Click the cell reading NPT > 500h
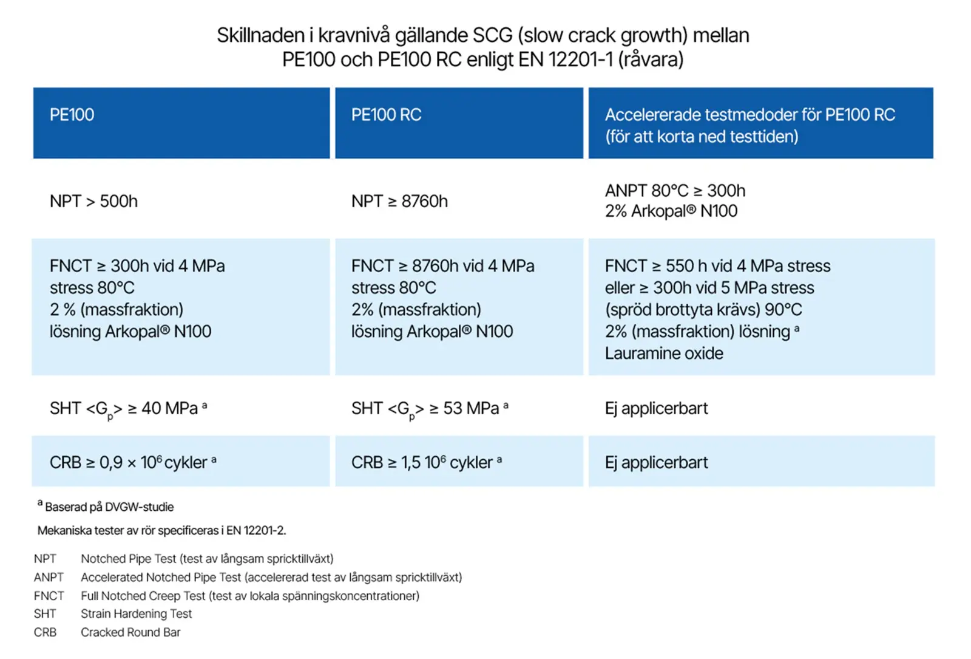click(93, 201)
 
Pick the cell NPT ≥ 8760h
click(399, 201)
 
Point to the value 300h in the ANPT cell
click(726, 191)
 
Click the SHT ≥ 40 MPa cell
click(128, 409)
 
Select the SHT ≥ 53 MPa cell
click(430, 409)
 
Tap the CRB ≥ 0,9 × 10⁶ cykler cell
click(133, 463)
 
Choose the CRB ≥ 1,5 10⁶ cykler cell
click(427, 463)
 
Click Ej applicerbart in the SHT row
click(656, 409)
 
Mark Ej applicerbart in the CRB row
click(656, 463)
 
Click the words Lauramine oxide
click(664, 353)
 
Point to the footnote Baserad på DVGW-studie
click(109, 507)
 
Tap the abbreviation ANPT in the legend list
click(49, 578)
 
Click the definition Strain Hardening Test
click(137, 614)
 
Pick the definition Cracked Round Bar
click(130, 632)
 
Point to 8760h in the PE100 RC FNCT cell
click(435, 266)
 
